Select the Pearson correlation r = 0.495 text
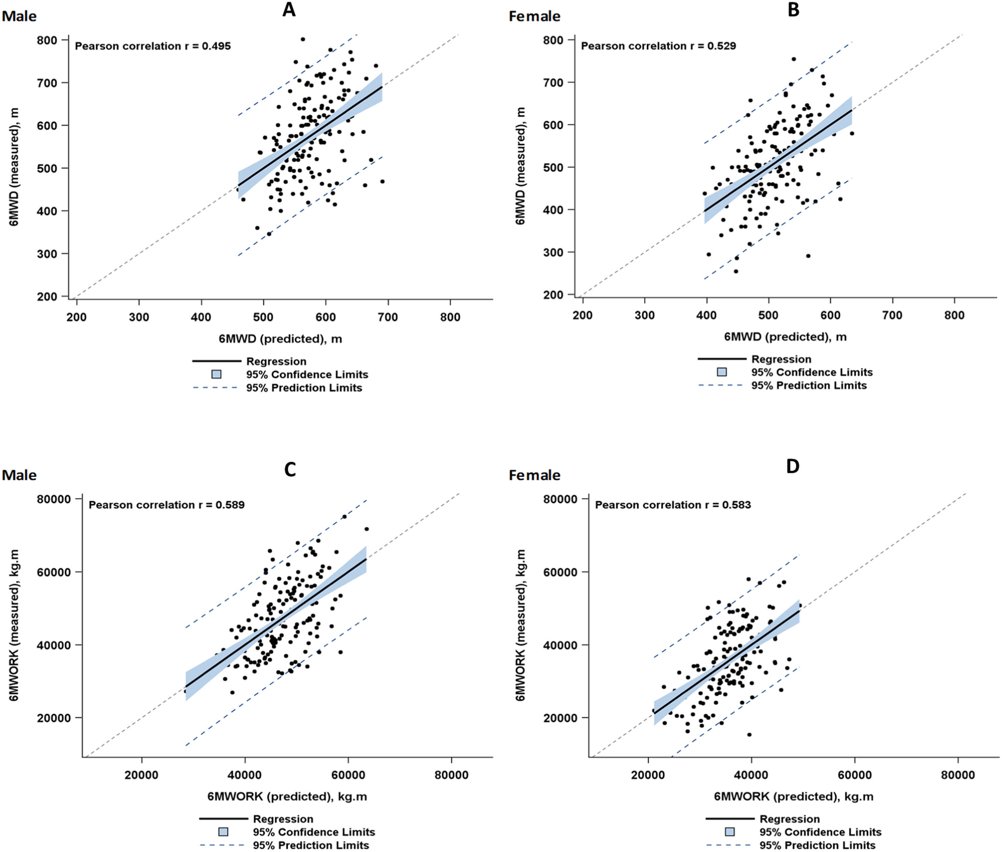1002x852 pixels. [153, 46]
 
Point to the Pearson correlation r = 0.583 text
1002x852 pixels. [673, 505]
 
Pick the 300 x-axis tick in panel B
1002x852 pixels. [645, 316]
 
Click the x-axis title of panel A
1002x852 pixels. [280, 339]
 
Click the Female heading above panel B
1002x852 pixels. [534, 16]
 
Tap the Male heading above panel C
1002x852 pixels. [19, 475]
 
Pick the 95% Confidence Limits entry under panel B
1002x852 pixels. [812, 372]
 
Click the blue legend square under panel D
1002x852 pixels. [730, 832]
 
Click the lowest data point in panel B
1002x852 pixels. [736, 271]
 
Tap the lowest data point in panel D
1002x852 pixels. [749, 734]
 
